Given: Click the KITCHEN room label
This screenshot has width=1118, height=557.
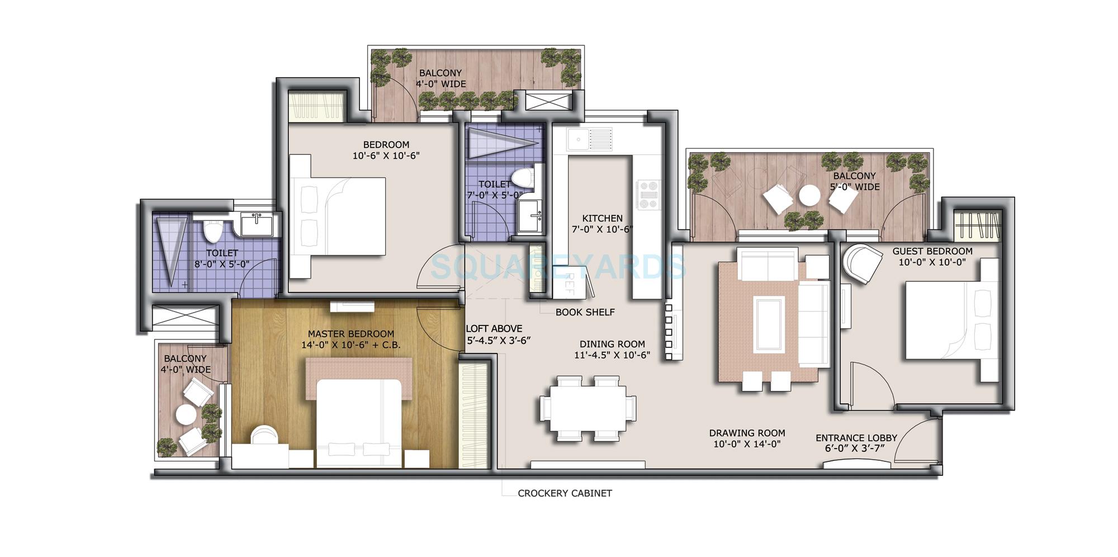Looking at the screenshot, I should pyautogui.click(x=602, y=218).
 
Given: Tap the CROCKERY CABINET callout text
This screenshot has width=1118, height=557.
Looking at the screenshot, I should pyautogui.click(x=565, y=493).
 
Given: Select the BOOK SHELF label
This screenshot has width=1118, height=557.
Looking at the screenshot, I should pyautogui.click(x=585, y=312).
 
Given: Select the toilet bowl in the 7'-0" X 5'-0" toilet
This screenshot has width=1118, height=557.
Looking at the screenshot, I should pyautogui.click(x=523, y=178).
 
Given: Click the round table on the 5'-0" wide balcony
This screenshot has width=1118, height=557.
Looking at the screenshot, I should pyautogui.click(x=809, y=196).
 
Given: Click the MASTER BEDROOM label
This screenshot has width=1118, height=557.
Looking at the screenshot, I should pyautogui.click(x=350, y=334).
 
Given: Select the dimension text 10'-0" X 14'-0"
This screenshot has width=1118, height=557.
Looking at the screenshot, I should pyautogui.click(x=747, y=444).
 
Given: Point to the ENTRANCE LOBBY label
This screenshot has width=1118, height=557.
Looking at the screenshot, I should pyautogui.click(x=856, y=438).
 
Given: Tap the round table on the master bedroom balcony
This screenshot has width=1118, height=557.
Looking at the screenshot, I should pyautogui.click(x=186, y=414).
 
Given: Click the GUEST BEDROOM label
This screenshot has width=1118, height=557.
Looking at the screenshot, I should pyautogui.click(x=932, y=251).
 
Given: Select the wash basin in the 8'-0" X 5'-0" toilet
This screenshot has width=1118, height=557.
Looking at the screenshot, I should pyautogui.click(x=257, y=224).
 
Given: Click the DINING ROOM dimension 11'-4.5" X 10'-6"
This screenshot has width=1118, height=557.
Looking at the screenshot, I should pyautogui.click(x=612, y=355).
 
